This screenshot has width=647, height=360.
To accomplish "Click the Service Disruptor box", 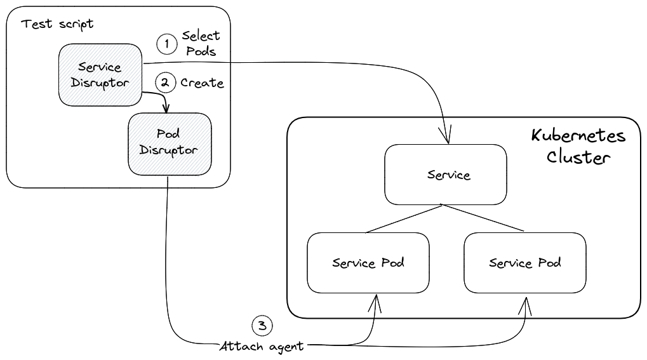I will coord(99,74).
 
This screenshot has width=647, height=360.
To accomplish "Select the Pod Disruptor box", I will coord(170,143).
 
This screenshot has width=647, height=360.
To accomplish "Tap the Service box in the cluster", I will coord(446,175).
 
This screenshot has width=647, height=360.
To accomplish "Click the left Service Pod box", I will coord(368,262).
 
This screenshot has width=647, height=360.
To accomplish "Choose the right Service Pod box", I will coord(524,262).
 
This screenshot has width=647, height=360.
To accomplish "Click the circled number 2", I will coord(166,83).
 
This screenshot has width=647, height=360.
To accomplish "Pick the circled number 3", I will coord(262,326).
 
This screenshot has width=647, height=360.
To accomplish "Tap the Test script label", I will coord(57,24).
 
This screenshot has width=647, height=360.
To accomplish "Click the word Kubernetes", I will coord(578,136).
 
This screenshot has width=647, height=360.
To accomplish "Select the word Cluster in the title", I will coord(578,157).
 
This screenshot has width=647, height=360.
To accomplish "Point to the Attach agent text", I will coord(262,347).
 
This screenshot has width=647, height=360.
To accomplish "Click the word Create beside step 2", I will coord(202,83).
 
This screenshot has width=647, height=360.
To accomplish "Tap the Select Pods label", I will coord(201,43).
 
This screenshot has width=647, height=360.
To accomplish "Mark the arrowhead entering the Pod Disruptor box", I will coord(166,107).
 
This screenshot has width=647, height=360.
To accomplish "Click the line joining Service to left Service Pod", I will coord(406,219).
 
